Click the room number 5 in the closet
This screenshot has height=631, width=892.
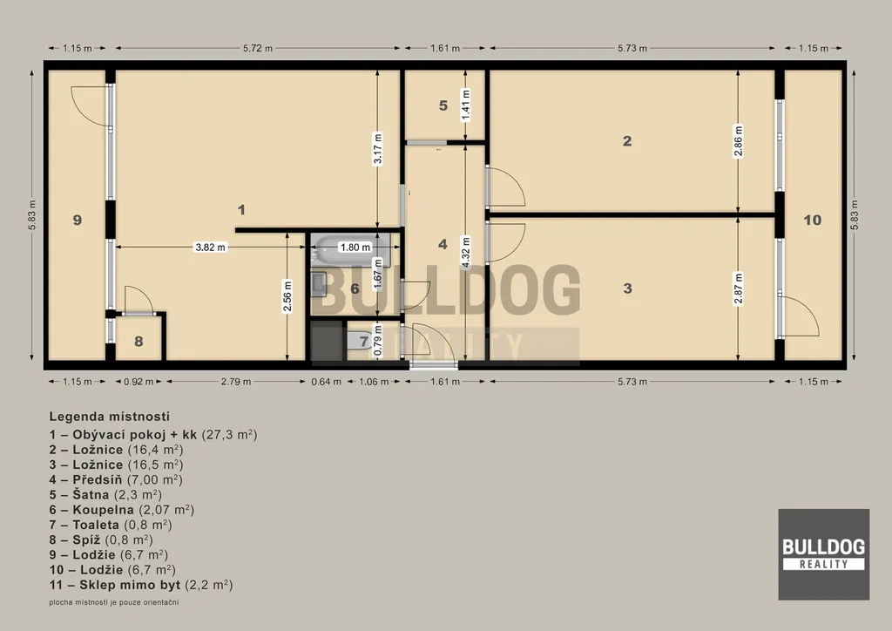[x=443, y=105]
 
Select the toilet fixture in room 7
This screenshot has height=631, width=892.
[x=358, y=342]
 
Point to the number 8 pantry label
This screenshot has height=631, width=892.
[x=139, y=342]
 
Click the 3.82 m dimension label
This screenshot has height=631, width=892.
[x=211, y=248]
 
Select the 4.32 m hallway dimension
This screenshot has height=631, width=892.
[x=466, y=252]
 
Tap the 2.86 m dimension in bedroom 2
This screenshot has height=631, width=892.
[x=738, y=140]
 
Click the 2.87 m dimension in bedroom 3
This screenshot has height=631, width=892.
[x=738, y=288]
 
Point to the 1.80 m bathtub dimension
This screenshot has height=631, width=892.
[x=355, y=248]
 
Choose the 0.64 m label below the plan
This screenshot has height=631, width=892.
[x=327, y=382]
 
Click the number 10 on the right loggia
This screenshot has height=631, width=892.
[x=813, y=221]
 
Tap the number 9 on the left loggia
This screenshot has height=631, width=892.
[x=78, y=221]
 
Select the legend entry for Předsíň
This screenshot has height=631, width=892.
[x=116, y=479]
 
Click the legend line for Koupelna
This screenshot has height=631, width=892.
[x=122, y=510]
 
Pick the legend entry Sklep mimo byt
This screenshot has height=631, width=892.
[x=141, y=584]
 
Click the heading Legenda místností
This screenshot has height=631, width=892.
[x=109, y=417]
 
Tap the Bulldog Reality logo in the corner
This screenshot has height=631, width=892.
[x=824, y=554]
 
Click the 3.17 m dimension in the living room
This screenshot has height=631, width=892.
[x=378, y=149]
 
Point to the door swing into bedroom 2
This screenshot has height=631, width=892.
[x=505, y=187]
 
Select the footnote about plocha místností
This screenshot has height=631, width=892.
[x=114, y=602]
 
